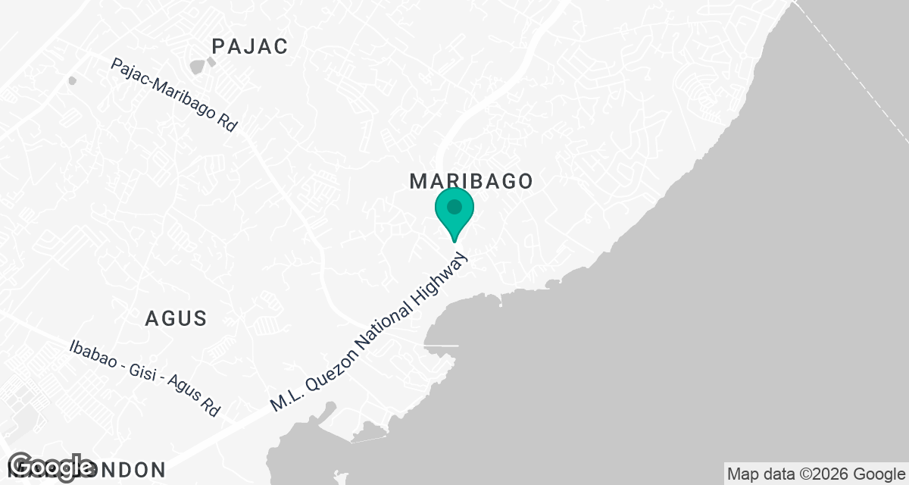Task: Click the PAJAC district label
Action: (250, 46)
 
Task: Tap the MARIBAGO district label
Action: (471, 181)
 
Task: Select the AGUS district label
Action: (176, 318)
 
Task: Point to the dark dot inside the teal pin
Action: (454, 206)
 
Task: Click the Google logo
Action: (51, 467)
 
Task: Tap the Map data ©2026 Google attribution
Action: (815, 474)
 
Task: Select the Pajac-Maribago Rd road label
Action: (174, 96)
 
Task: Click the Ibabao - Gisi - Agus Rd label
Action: (144, 377)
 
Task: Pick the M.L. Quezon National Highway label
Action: (376, 330)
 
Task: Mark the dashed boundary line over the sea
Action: (856, 76)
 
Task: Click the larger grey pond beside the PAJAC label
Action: (198, 67)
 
